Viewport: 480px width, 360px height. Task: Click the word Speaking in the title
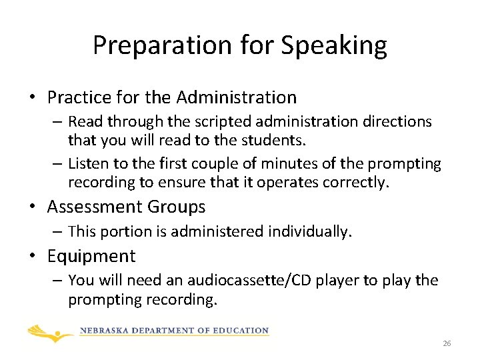[334, 45]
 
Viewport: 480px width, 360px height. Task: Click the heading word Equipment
[91, 256]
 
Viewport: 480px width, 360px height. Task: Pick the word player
[341, 281]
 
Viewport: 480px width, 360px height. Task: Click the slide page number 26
[447, 343]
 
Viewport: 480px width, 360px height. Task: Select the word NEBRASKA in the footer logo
[107, 331]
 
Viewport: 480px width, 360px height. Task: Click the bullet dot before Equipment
[31, 257]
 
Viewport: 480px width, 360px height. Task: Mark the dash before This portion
[58, 232]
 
